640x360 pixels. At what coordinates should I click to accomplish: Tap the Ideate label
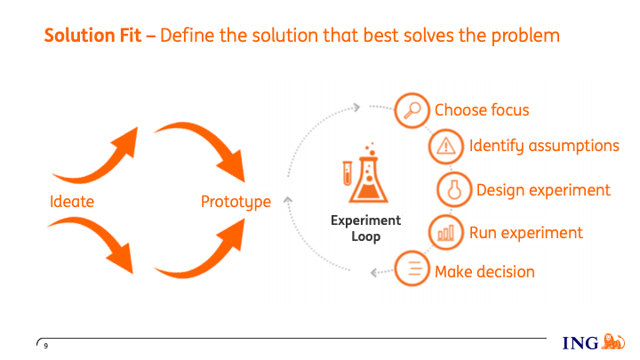[x=72, y=202]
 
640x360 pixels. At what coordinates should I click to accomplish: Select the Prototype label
[x=236, y=202]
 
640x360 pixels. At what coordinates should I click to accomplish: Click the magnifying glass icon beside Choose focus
[x=412, y=110]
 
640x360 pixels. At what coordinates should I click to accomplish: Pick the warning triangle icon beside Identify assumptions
[x=445, y=146]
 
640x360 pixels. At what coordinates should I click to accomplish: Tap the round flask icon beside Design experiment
[x=453, y=189]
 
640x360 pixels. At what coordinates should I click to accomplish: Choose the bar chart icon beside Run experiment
[x=445, y=233]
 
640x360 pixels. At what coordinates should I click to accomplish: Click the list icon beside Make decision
[x=412, y=270]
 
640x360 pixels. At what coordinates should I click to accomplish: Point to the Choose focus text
[x=482, y=110]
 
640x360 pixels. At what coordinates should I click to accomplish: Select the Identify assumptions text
[x=544, y=146]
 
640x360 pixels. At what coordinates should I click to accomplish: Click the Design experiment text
[x=543, y=189]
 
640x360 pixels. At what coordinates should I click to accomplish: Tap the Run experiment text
[x=526, y=233]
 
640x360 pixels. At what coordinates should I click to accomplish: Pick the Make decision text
[x=484, y=271]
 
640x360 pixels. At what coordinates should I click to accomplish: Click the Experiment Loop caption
[x=366, y=228]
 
